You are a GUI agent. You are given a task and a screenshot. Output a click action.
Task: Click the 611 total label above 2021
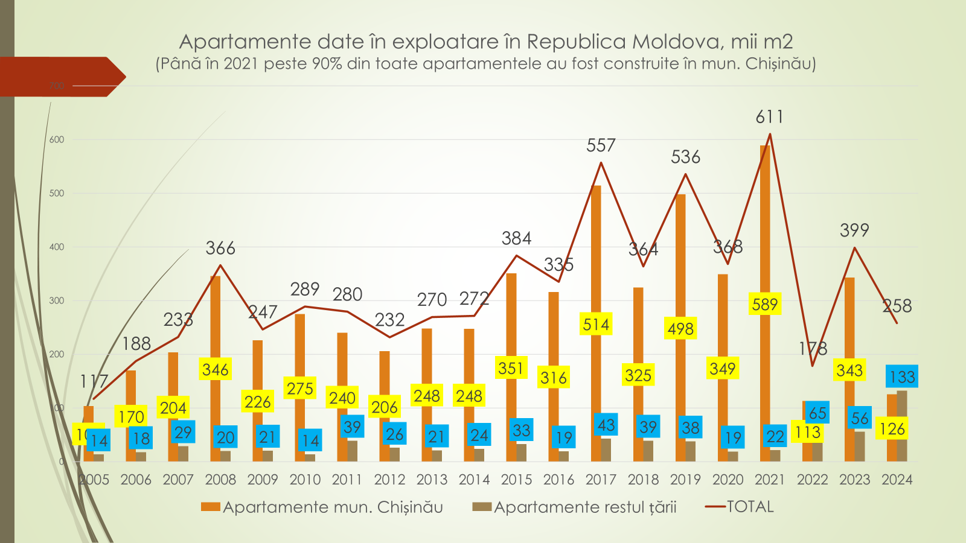pos(769,116)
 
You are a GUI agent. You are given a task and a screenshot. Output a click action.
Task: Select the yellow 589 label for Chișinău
pos(765,304)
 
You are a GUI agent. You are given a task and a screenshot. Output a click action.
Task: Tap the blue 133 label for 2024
pos(902,377)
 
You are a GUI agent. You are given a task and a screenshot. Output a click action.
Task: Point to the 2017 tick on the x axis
pos(601,480)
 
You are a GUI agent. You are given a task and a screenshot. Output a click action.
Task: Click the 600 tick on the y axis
pos(57,139)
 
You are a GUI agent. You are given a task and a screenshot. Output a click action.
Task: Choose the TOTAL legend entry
pos(740,507)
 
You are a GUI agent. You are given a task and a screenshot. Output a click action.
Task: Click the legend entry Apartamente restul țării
pos(575,507)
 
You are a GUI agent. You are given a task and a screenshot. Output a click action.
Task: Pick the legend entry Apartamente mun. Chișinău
pos(322,507)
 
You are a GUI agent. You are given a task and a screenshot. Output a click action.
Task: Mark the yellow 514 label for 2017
pos(596,325)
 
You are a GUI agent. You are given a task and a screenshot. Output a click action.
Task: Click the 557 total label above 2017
pos(601,145)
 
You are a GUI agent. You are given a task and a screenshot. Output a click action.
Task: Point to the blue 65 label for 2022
pos(817,413)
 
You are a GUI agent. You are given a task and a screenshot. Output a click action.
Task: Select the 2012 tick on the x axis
pos(389,480)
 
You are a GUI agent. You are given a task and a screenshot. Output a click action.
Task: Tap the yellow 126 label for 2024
pos(892,429)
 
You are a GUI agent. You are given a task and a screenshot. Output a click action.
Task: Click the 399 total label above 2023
pos(854,230)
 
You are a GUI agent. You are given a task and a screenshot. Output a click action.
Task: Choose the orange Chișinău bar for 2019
pos(680,253)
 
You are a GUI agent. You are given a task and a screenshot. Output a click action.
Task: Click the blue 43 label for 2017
pos(606,425)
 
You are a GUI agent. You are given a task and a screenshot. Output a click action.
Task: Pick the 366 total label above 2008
pos(220,248)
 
